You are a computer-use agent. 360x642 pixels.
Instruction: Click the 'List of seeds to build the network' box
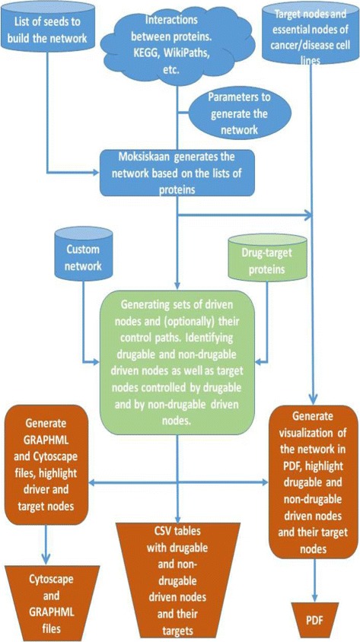(x=48, y=31)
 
